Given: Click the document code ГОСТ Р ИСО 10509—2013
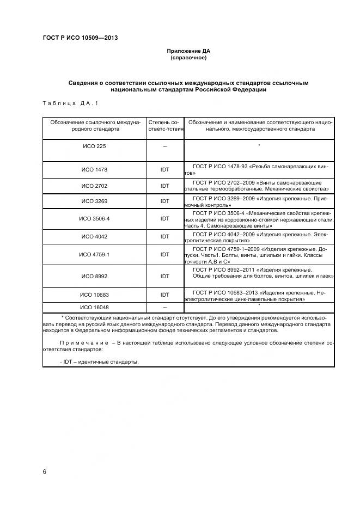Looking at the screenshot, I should (x=80, y=38).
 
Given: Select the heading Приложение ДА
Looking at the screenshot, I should (x=188, y=51).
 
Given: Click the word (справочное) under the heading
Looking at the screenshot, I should (x=188, y=58).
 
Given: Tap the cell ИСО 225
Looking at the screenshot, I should (x=94, y=147).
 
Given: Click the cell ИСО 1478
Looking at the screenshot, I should (x=94, y=170).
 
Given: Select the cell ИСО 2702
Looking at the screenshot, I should (x=94, y=186).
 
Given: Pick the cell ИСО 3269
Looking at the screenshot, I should (x=94, y=201).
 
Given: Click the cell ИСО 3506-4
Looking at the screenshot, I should (x=94, y=218).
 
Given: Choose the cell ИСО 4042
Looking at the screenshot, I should (x=94, y=237).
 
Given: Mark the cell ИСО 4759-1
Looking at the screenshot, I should (x=94, y=255).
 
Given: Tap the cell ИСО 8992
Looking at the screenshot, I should (x=94, y=277).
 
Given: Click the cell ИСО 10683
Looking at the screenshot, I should (x=94, y=295).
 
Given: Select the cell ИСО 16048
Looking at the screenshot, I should (x=94, y=308).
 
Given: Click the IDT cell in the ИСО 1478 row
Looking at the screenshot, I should (x=165, y=170).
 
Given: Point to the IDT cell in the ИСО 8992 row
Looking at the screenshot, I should (x=165, y=277).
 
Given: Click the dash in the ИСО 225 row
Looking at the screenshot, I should (x=165, y=147).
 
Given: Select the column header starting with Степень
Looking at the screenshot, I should (x=165, y=126).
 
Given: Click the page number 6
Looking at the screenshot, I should (x=45, y=471).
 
